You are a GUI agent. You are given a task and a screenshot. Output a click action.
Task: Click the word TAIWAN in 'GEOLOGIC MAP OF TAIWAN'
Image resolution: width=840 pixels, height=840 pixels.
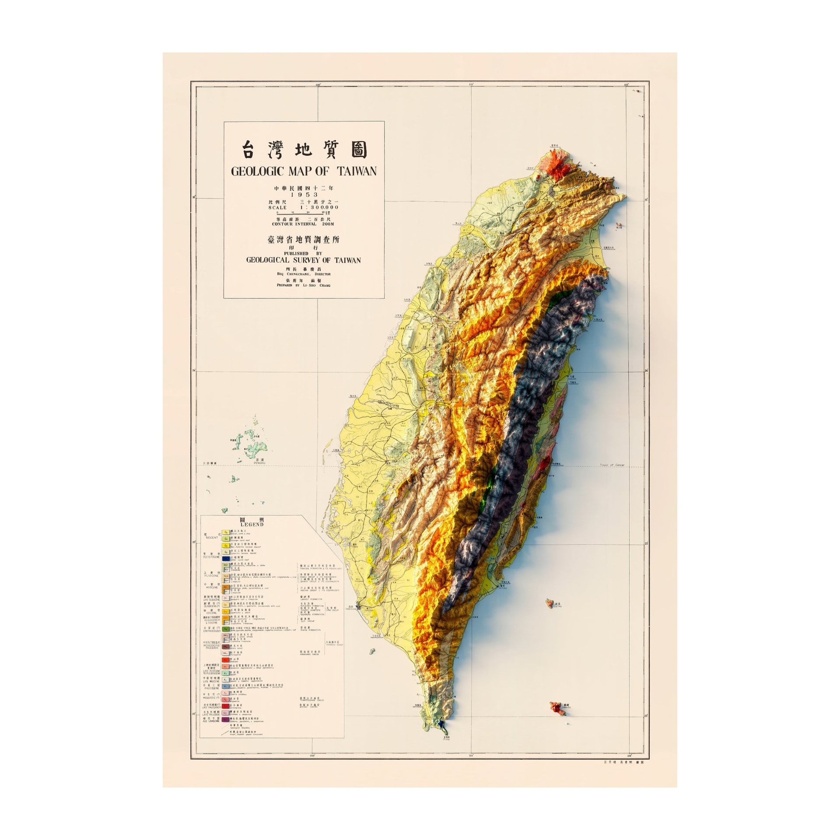[355, 171]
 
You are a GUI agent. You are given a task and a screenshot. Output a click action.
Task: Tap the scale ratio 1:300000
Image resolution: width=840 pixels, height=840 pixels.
[318, 207]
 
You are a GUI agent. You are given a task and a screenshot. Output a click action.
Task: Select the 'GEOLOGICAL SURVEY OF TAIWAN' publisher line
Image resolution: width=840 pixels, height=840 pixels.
[304, 259]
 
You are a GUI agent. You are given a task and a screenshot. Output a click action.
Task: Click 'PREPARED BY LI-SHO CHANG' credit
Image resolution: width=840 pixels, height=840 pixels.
[304, 285]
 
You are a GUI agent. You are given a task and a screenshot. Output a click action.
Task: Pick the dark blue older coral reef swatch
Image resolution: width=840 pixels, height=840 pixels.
[226, 559]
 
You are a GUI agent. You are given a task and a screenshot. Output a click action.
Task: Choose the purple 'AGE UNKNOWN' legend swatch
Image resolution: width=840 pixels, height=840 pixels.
[225, 720]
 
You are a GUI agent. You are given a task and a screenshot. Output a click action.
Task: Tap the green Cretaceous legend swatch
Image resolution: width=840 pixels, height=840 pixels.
[225, 629]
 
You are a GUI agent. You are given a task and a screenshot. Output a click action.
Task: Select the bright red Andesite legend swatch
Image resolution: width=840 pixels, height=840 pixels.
[225, 660]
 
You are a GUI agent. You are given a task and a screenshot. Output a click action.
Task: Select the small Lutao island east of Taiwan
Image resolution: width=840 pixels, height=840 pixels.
[549, 604]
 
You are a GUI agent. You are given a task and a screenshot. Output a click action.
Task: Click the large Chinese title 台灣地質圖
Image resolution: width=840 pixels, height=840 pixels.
[304, 150]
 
